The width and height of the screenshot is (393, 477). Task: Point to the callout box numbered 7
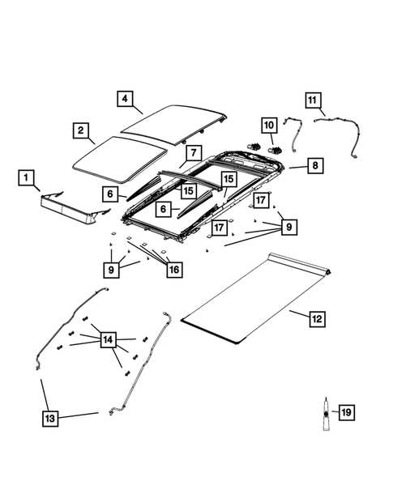tap(192, 152)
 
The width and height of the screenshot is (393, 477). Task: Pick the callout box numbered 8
tap(314, 165)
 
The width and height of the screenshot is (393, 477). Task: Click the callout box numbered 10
tap(269, 126)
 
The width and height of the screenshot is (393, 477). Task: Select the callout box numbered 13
tap(50, 418)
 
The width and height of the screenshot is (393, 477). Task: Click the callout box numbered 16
tap(173, 270)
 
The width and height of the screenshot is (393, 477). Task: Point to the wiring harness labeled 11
tap(340, 130)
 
